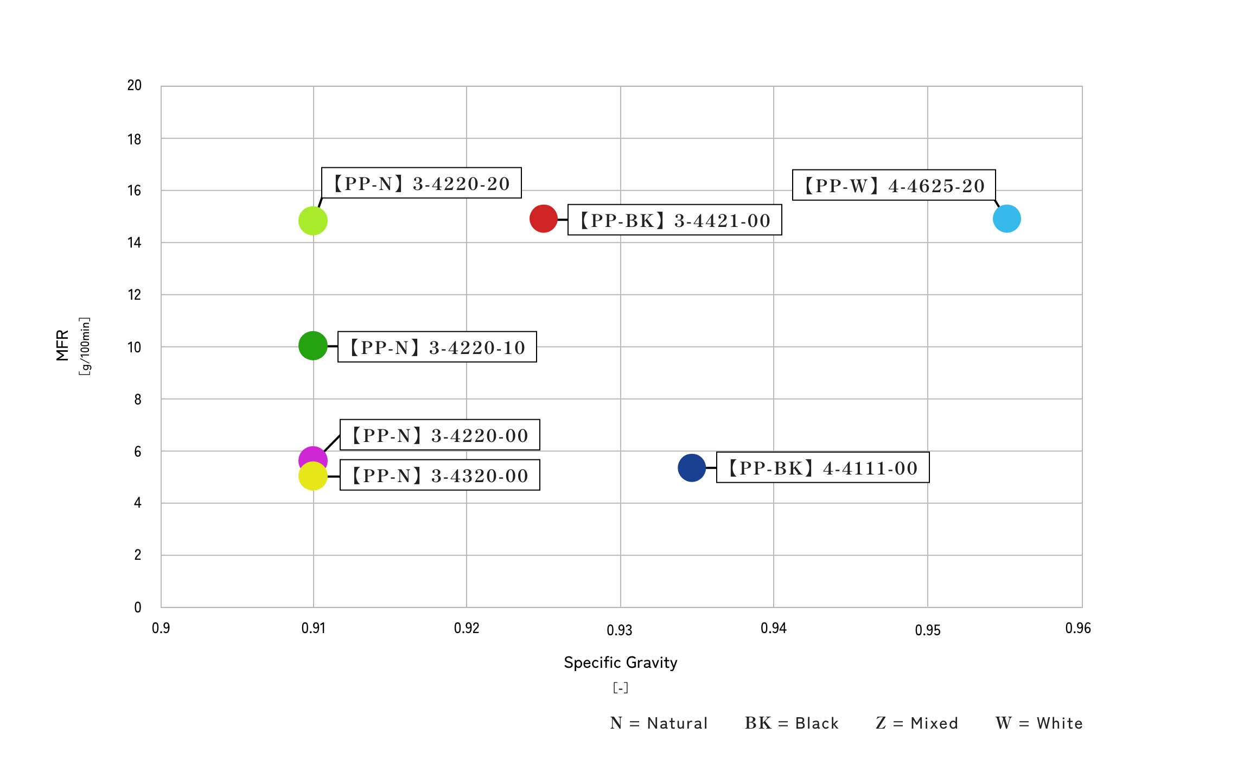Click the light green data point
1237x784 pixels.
(313, 221)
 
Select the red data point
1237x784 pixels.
(544, 219)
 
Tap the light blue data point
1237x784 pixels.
(1007, 219)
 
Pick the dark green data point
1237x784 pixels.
(313, 346)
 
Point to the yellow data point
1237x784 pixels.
(313, 476)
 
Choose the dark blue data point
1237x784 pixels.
(692, 467)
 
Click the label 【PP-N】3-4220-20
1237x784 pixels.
(422, 183)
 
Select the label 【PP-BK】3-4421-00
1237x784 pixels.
(674, 220)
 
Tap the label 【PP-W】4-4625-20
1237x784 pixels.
(894, 185)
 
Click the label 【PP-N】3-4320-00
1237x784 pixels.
(439, 475)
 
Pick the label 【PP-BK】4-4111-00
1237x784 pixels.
(822, 467)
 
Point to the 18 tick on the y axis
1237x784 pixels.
(134, 140)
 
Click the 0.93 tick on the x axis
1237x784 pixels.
(620, 630)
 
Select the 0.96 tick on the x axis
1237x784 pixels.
(1078, 628)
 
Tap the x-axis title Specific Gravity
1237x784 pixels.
(621, 662)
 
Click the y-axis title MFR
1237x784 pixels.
(62, 345)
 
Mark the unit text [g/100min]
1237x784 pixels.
(85, 346)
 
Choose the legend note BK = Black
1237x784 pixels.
(792, 723)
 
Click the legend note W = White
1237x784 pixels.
(1039, 723)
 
